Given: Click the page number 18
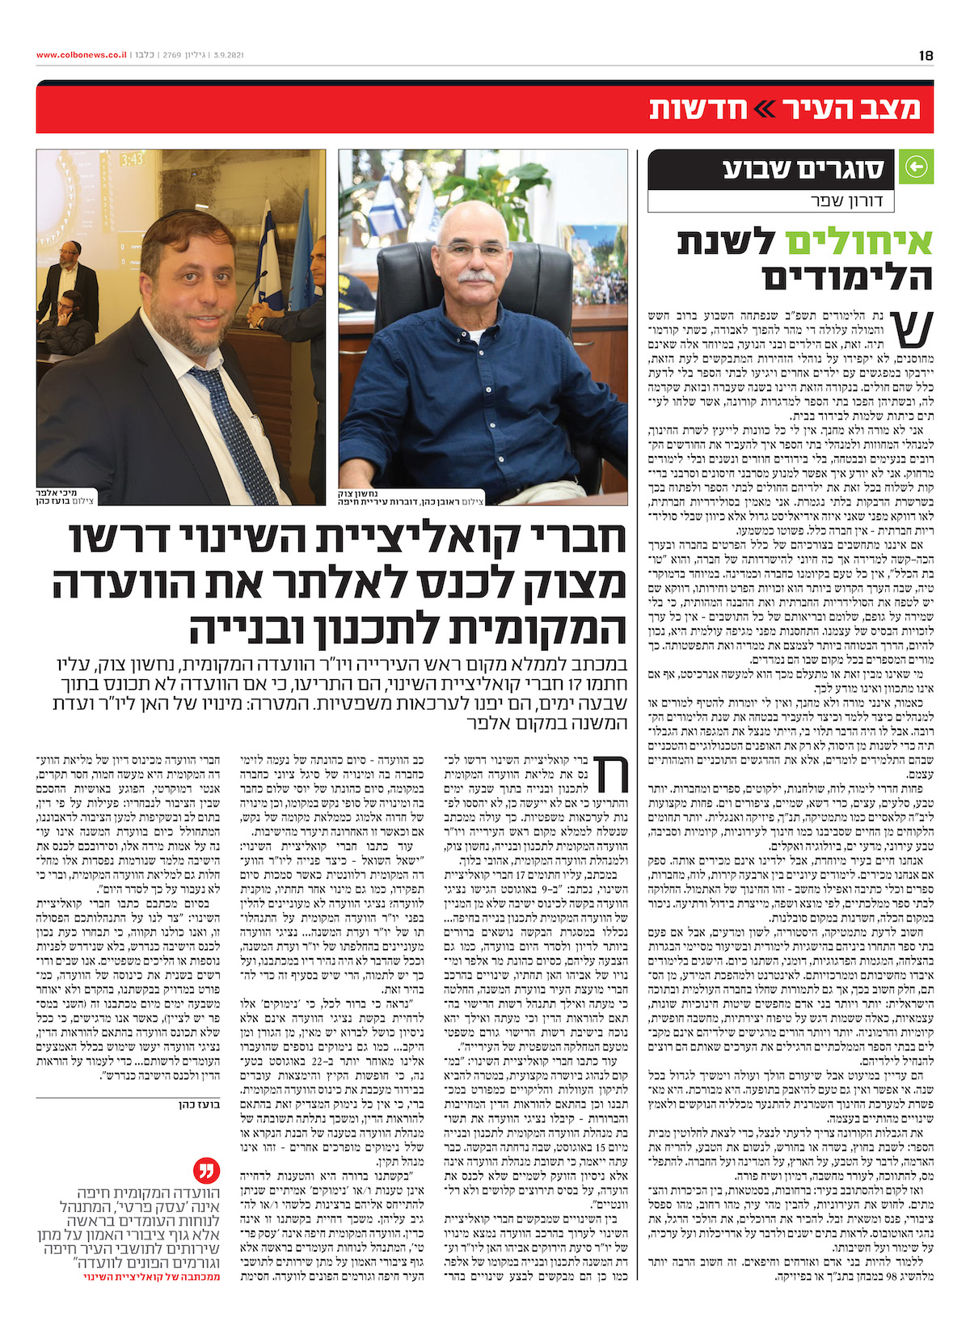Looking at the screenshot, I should pyautogui.click(x=926, y=56).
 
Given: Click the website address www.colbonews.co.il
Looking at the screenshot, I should pyautogui.click(x=81, y=56).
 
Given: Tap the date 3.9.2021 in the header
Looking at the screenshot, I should pyautogui.click(x=229, y=56).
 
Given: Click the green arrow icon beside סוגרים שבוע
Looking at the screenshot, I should pyautogui.click(x=915, y=167).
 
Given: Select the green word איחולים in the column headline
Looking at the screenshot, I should pyautogui.click(x=856, y=241).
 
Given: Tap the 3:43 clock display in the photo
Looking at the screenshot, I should pyautogui.click(x=132, y=160).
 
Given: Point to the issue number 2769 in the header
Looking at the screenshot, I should pyautogui.click(x=172, y=56).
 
